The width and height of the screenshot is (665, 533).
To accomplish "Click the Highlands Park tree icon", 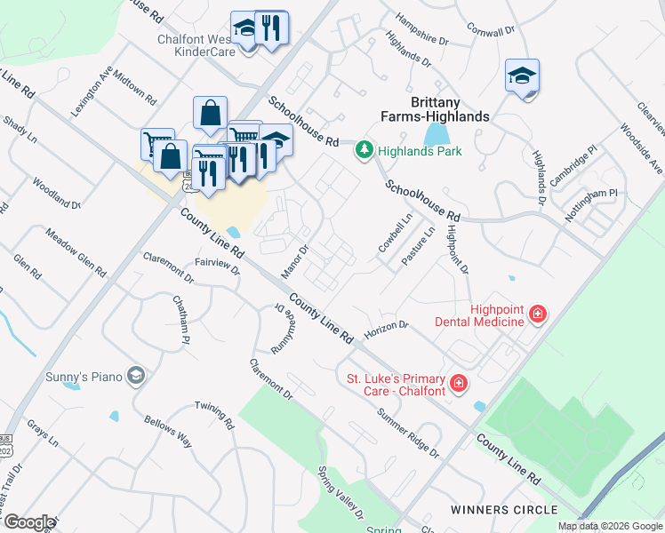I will [x=364, y=150].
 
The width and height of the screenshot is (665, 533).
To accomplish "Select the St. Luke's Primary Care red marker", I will [x=458, y=383].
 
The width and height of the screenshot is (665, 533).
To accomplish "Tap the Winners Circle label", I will [x=504, y=510].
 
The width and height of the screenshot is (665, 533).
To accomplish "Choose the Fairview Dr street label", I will [x=217, y=266].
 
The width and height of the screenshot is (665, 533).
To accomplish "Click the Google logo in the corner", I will [x=28, y=522].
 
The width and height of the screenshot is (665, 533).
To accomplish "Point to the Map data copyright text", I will [x=610, y=526].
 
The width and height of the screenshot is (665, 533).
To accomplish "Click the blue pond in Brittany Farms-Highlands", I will [x=436, y=135].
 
